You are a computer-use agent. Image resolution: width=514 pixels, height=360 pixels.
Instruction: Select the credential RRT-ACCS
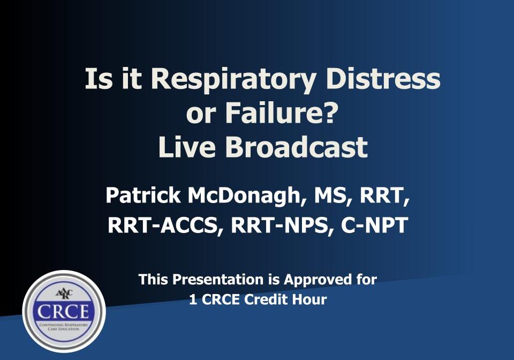(x=166, y=226)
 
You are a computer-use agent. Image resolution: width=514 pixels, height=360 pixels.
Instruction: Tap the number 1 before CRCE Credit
(x=192, y=299)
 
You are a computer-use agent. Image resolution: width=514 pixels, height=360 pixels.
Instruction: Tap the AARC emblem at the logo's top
(x=64, y=293)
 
